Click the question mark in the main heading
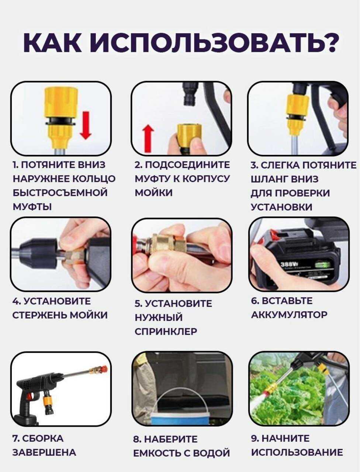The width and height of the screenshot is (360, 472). coord(326,42)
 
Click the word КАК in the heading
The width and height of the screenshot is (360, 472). coord(52,43)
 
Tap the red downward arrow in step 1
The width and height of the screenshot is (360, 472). coord(86,125)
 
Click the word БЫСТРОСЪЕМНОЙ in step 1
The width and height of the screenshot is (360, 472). coord(60,192)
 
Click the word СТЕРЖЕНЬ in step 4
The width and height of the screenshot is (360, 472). coord(40,315)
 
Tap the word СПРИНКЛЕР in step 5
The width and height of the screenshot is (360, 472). coord(166,332)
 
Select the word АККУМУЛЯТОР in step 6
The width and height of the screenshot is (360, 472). coord(289,315)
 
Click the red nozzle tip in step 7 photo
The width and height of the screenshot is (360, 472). coord(104,369)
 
